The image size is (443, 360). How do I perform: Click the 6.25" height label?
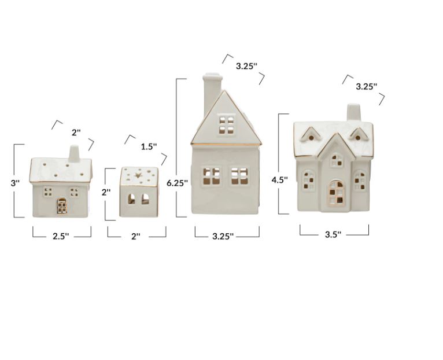click(x=177, y=183)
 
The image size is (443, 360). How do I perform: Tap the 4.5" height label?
click(x=280, y=180)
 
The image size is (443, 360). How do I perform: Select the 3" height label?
click(x=15, y=183)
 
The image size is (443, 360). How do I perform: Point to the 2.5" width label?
click(x=61, y=236)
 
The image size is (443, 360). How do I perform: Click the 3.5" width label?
click(x=333, y=234)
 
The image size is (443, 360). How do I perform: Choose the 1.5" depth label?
click(x=149, y=146)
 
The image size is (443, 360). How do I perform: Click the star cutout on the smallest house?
click(x=138, y=175)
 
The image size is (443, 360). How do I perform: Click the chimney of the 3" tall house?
click(x=74, y=154)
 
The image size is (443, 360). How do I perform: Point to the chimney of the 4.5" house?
click(x=354, y=112)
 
